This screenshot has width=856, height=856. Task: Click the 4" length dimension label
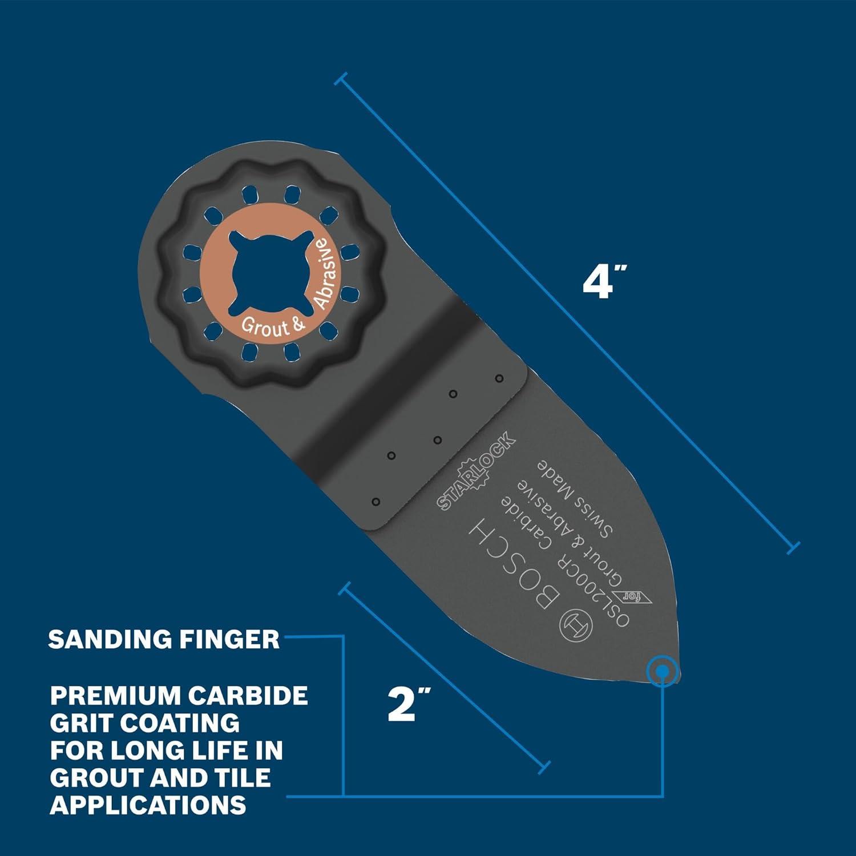604,282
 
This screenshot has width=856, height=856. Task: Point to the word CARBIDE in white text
249,696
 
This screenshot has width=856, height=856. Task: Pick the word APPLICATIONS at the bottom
148,805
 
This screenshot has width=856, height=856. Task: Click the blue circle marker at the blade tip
662,672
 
